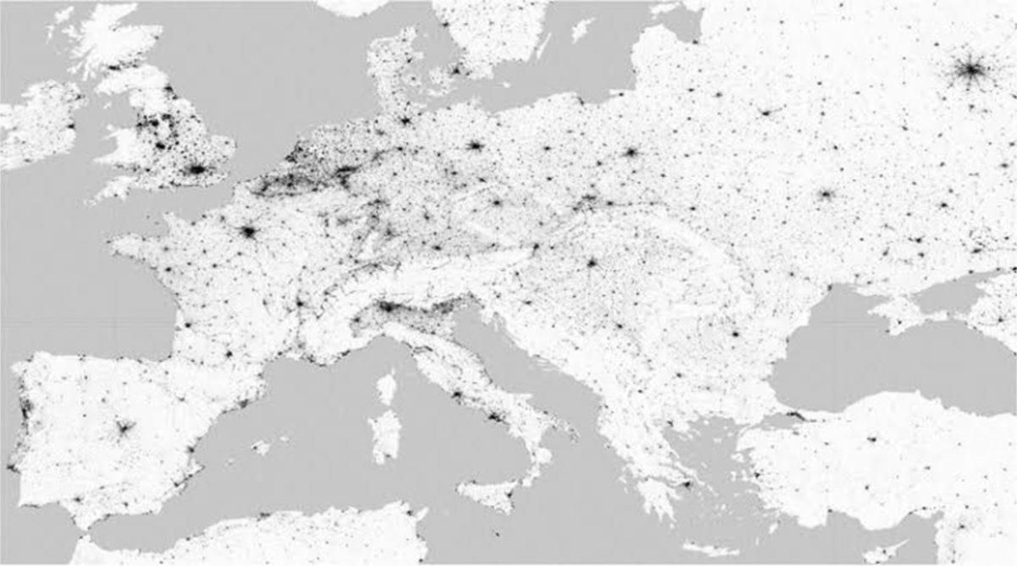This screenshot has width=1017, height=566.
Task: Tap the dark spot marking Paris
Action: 248,230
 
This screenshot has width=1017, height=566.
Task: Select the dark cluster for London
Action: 197,169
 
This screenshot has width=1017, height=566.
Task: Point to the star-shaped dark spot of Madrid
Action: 124,428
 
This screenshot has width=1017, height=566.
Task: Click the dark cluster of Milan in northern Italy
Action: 388,306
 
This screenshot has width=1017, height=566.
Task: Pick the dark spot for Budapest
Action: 592,263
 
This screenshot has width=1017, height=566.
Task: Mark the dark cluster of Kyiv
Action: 825,194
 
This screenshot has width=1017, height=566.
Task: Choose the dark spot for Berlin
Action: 475,146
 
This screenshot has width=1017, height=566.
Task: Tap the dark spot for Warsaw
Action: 631,153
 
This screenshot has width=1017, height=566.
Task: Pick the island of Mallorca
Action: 264,446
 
